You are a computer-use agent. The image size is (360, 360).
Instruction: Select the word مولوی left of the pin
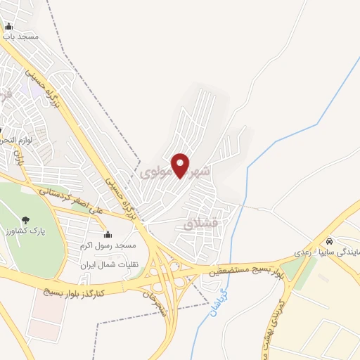[156, 172]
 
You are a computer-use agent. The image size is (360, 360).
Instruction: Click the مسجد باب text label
[20, 35]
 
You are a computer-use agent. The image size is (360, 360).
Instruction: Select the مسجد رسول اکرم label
[108, 245]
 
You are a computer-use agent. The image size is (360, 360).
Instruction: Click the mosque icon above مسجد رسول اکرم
[108, 235]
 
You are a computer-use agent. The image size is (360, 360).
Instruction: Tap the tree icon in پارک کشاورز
[26, 220]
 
